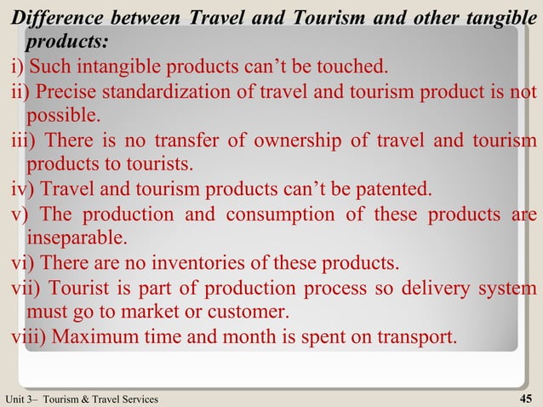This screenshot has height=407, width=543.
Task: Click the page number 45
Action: click(525, 398)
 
